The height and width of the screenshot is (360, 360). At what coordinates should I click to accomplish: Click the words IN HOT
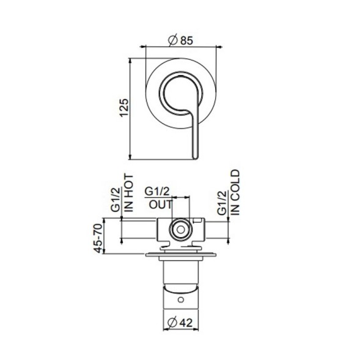coord(129,192)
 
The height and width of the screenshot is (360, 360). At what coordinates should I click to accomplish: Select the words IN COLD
coord(235,191)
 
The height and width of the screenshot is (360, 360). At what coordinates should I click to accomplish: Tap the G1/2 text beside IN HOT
coord(116,200)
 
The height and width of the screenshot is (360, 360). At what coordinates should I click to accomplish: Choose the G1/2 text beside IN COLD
coord(222,202)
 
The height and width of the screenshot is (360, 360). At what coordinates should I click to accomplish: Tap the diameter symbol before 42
coord(172,324)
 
